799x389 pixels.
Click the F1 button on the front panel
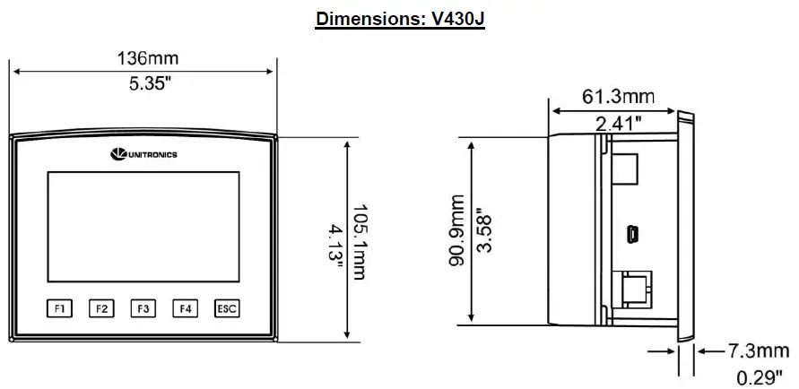[x=59, y=308]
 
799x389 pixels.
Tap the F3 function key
[x=143, y=308]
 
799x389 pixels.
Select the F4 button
[x=185, y=308]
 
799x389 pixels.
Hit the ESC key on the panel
[x=227, y=308]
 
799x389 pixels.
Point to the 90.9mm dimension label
[x=457, y=231]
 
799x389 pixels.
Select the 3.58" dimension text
[x=485, y=231]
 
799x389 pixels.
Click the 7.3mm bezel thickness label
[x=746, y=350]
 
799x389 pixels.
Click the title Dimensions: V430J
[x=400, y=19]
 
